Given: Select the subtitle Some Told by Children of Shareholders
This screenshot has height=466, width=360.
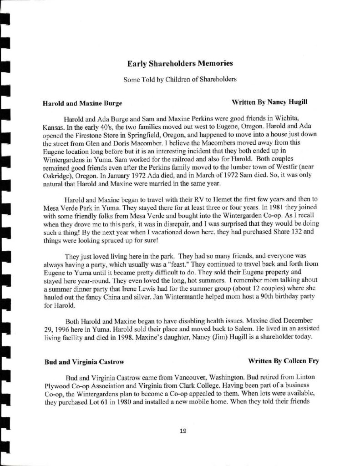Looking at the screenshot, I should (180, 79).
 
